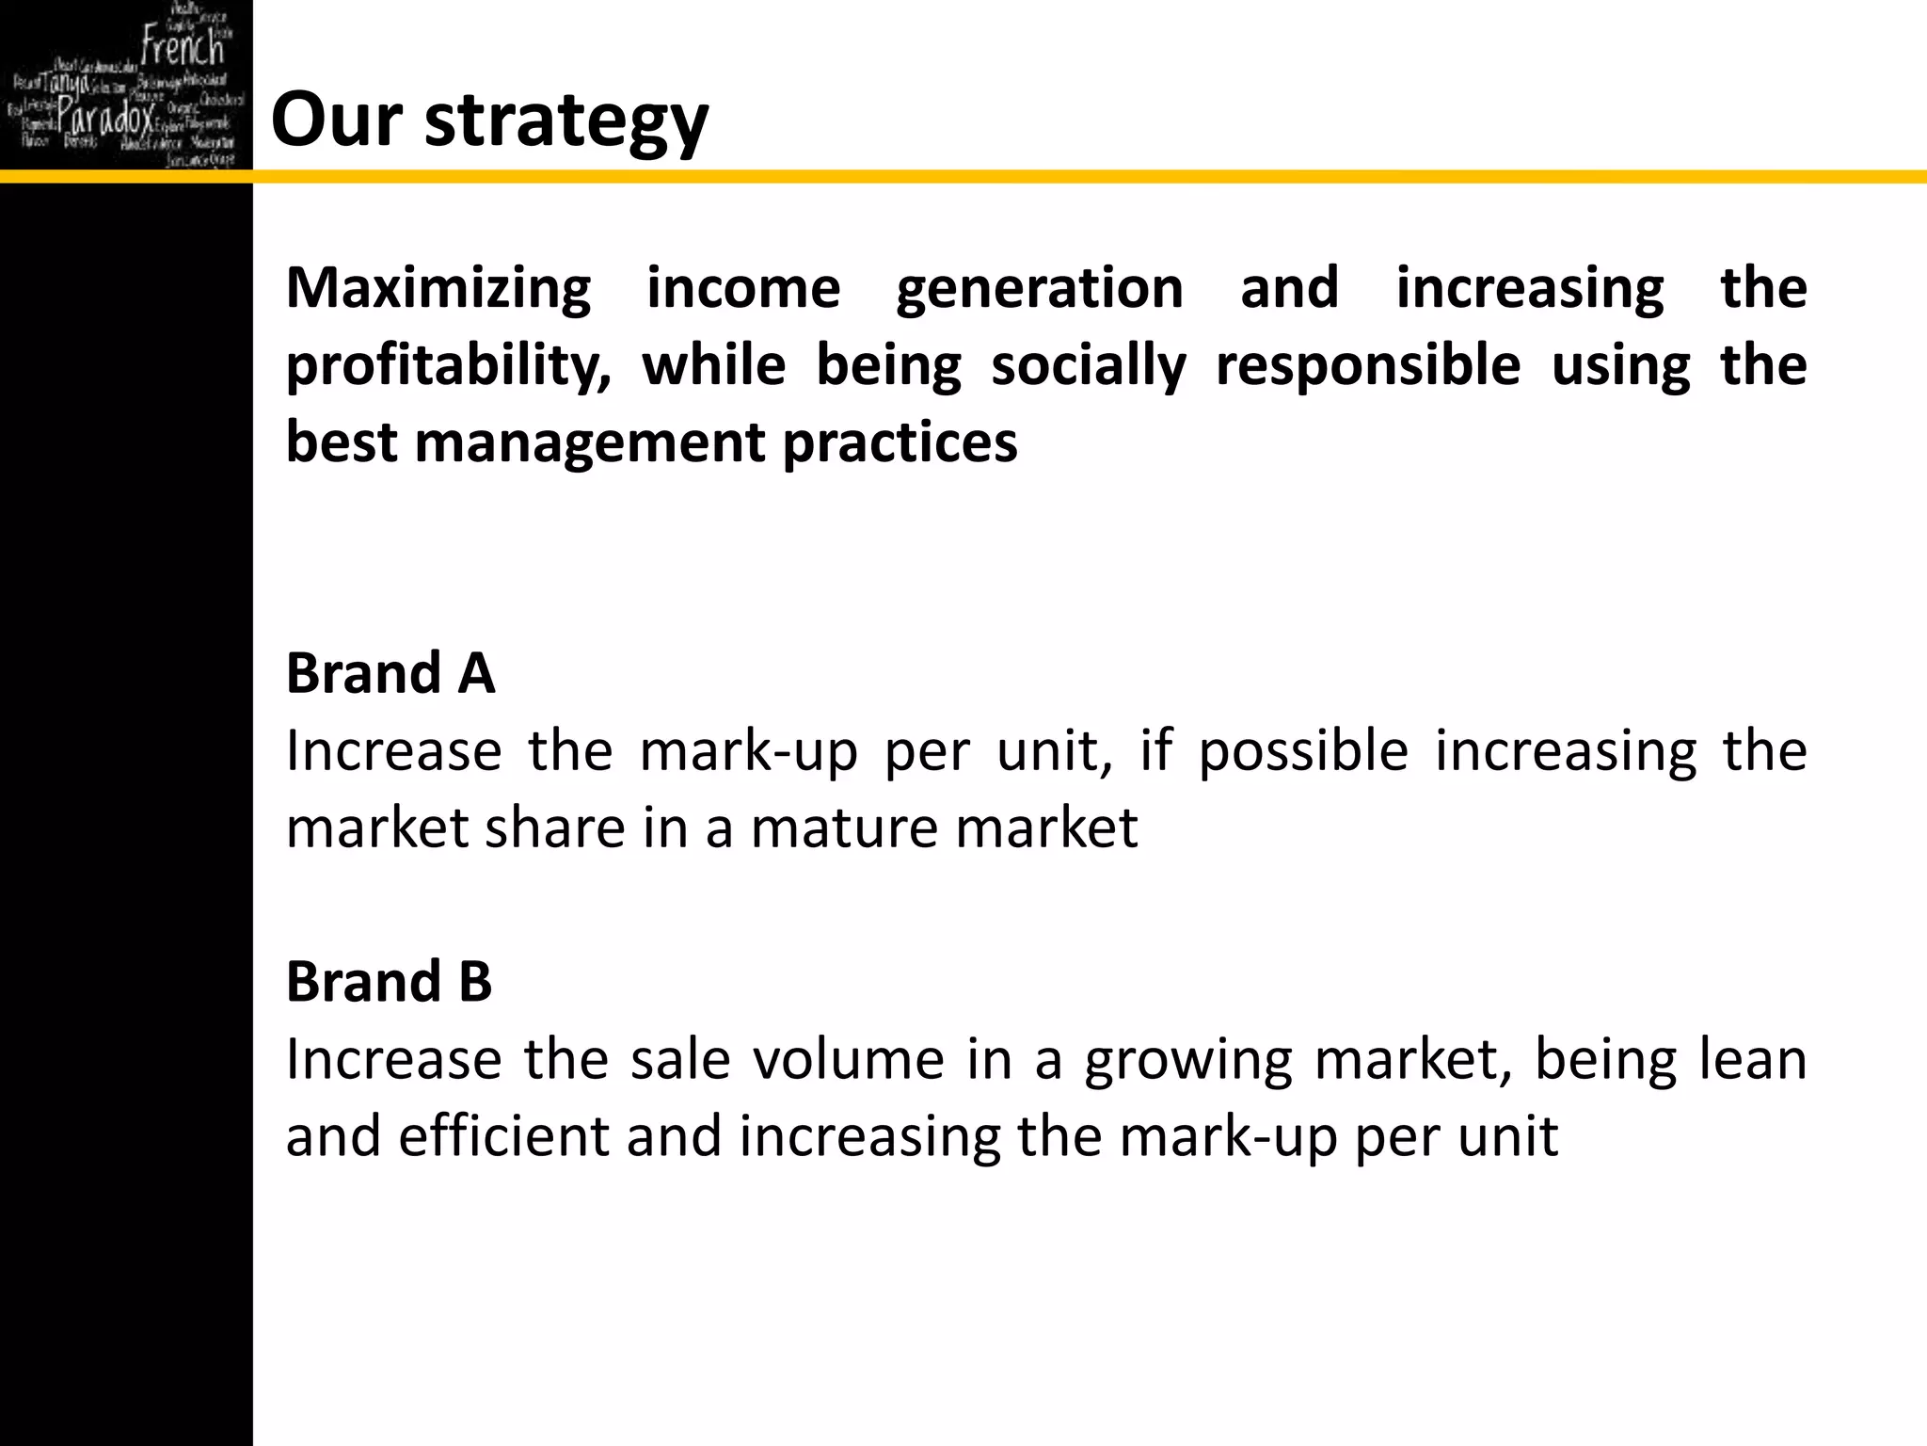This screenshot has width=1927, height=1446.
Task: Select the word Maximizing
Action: (x=438, y=288)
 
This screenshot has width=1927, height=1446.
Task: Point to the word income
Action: (x=743, y=288)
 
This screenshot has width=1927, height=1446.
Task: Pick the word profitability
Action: (x=449, y=366)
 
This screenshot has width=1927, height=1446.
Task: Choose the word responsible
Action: (x=1368, y=366)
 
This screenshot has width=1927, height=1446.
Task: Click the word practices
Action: (x=900, y=443)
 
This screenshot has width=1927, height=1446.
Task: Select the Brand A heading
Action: (x=390, y=674)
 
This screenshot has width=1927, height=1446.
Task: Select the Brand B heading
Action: (x=389, y=982)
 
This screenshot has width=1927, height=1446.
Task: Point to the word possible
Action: (x=1303, y=752)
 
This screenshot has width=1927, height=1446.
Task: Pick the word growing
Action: (x=1188, y=1061)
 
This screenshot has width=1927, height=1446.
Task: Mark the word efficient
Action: (x=503, y=1136)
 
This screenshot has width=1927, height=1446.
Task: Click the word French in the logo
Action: (x=183, y=47)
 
